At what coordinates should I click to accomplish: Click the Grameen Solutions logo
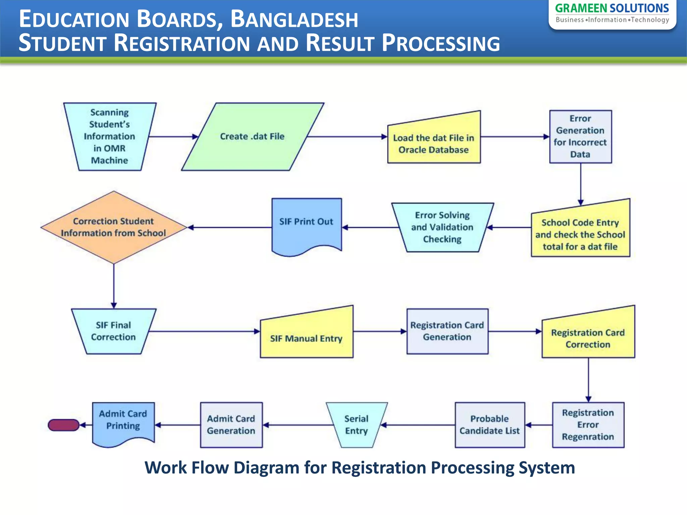pos(612,13)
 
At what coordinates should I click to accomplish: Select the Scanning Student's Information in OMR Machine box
pos(110,136)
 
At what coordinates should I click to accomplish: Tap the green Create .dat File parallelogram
pos(252,136)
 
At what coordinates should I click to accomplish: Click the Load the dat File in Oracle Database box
pos(433,144)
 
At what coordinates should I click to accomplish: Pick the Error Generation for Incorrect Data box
pos(580,136)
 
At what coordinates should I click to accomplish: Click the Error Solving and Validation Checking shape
pos(442,227)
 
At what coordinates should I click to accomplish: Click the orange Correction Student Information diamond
pos(113,227)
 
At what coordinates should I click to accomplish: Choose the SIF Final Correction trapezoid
pos(113,331)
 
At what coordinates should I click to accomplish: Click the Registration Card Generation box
pos(447,331)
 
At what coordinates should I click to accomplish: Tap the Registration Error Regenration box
pos(588,424)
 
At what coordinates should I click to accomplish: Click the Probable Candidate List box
pos(489,424)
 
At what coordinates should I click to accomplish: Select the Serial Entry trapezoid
pos(356,424)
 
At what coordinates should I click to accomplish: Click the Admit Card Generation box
pos(231,424)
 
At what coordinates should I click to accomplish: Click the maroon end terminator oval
pos(63,425)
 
